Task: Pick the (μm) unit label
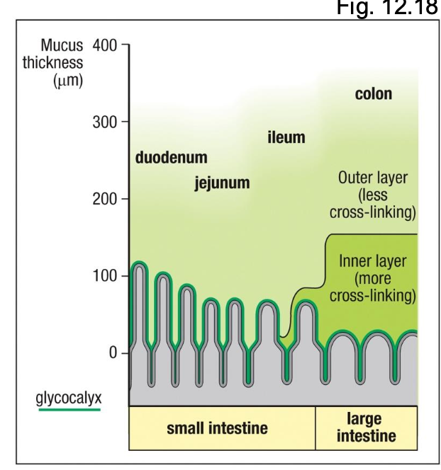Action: pyautogui.click(x=68, y=81)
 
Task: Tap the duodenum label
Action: pyautogui.click(x=171, y=156)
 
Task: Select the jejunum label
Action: pyautogui.click(x=222, y=183)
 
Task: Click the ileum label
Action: pyautogui.click(x=286, y=137)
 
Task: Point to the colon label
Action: pyautogui.click(x=373, y=93)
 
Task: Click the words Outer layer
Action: pyautogui.click(x=374, y=177)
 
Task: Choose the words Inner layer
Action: pyautogui.click(x=372, y=260)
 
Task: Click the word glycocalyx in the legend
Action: pyautogui.click(x=68, y=396)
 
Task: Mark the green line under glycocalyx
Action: pyautogui.click(x=68, y=408)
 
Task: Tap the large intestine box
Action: pyautogui.click(x=367, y=428)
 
